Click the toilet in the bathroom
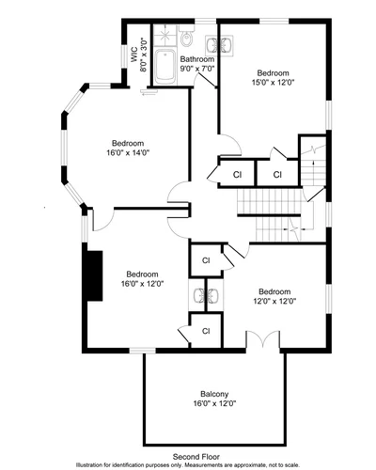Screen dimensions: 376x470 point(187,37)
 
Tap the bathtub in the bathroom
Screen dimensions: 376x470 point(164,67)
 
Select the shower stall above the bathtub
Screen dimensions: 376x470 point(165,37)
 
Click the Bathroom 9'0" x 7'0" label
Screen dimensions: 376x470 point(197,64)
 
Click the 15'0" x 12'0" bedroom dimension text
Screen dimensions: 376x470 point(274,83)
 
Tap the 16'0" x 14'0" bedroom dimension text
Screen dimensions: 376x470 point(128,152)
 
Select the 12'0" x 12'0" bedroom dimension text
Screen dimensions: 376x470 point(274,301)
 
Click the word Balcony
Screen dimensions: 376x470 point(214,394)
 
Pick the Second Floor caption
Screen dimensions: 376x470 point(196,457)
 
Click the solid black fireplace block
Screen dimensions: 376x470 point(95,275)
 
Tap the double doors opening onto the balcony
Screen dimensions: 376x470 point(262,338)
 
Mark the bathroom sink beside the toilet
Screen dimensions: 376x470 point(219,46)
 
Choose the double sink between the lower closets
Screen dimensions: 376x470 point(206,295)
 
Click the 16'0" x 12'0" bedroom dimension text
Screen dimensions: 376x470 point(143,284)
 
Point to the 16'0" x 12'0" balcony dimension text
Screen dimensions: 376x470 point(214,403)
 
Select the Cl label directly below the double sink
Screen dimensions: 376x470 point(206,331)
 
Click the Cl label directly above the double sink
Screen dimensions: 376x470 point(206,260)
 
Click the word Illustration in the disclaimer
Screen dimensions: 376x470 point(89,464)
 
